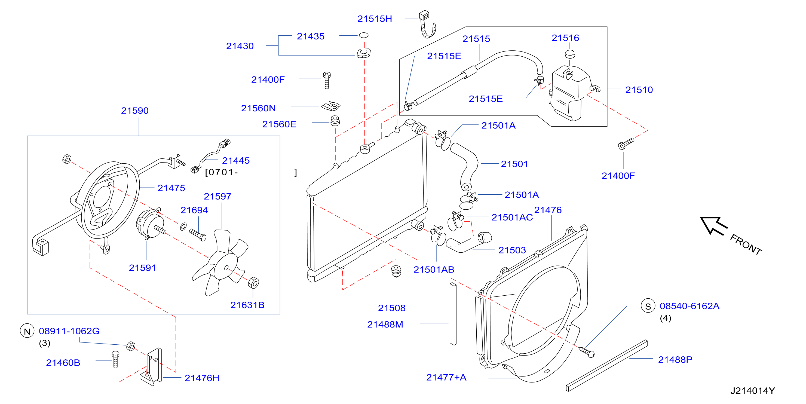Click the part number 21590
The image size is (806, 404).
(134, 111)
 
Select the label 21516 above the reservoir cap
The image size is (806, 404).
(565, 38)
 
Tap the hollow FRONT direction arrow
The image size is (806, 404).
(714, 225)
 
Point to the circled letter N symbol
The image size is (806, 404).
(27, 331)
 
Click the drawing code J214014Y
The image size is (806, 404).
(752, 391)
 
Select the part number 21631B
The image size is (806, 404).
(247, 305)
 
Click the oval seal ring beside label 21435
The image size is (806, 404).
(363, 35)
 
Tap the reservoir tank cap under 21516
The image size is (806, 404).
(570, 54)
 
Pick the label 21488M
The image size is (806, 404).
(385, 324)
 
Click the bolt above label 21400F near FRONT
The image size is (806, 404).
(626, 144)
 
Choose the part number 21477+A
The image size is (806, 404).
(446, 377)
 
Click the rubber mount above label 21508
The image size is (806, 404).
(396, 271)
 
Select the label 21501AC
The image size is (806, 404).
(512, 217)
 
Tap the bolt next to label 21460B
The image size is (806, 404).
(115, 359)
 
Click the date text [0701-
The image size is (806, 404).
(222, 172)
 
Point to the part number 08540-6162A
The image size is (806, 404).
(689, 306)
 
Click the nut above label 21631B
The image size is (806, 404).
(253, 283)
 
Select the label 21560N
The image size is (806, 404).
(258, 108)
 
